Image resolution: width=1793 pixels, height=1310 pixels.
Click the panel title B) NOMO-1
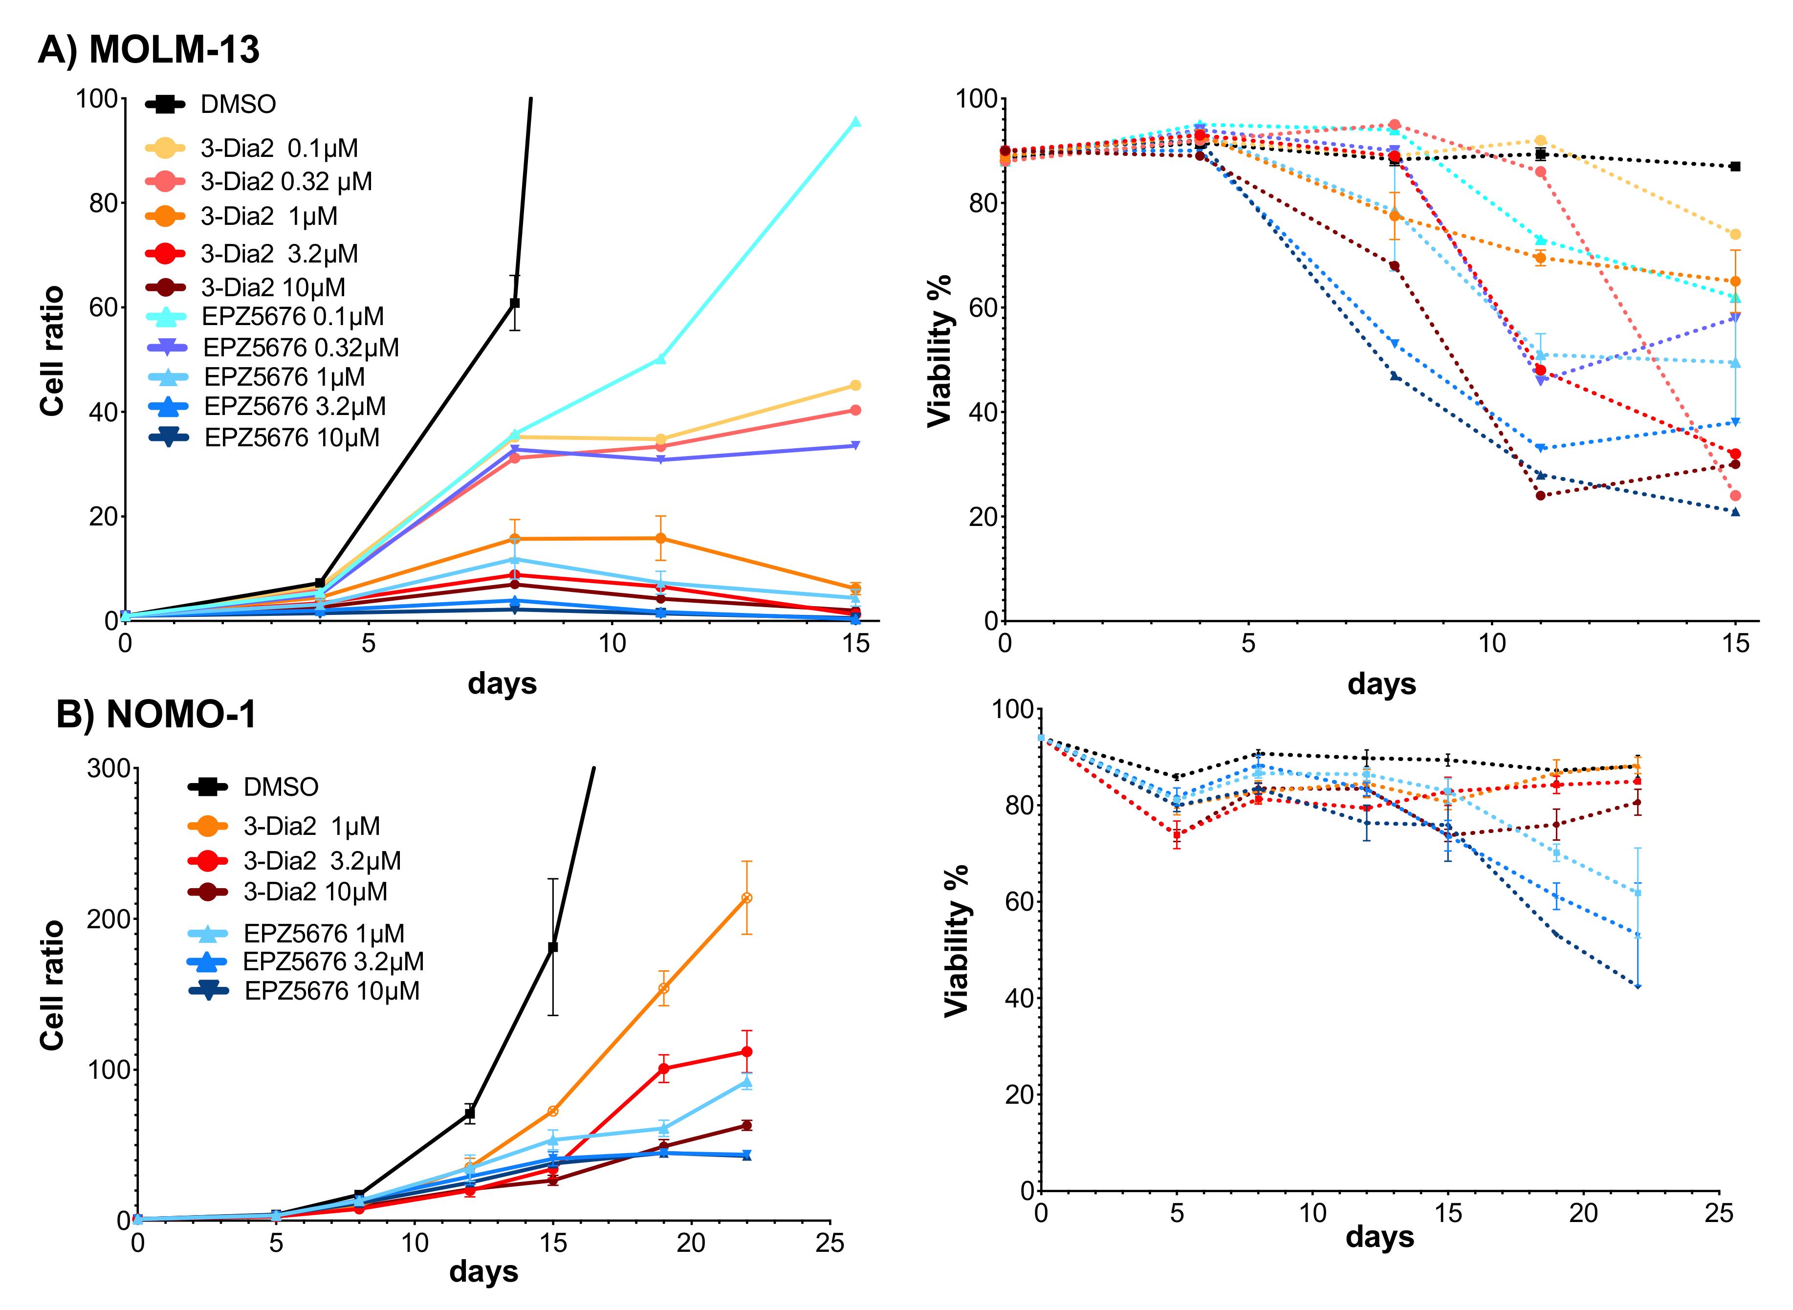click(156, 715)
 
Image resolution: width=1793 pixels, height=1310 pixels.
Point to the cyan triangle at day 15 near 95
click(855, 121)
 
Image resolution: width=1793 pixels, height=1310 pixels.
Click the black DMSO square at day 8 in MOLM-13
click(515, 303)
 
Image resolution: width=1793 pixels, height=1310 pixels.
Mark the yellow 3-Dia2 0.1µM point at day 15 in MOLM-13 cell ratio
click(855, 385)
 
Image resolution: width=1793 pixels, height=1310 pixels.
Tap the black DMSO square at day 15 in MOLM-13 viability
click(1735, 167)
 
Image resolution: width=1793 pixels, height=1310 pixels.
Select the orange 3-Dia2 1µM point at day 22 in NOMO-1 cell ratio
click(746, 898)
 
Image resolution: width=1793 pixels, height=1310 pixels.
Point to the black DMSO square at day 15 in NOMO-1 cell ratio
click(553, 947)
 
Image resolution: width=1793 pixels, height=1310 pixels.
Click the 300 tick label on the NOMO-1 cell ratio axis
click(109, 768)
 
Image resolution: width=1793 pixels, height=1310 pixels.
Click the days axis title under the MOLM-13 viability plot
click(1381, 683)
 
